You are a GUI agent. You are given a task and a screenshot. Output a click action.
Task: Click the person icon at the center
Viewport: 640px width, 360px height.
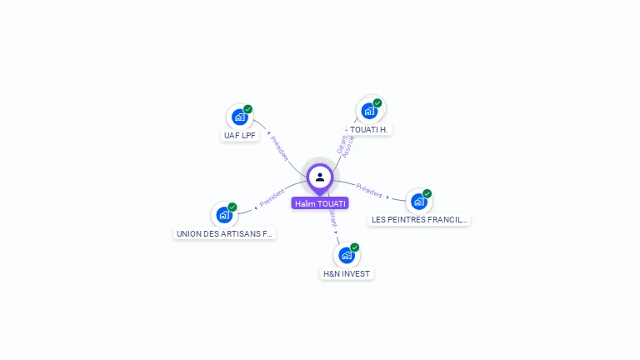pos(320,177)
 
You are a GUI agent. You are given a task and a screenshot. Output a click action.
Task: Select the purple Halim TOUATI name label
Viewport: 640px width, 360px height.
pos(320,203)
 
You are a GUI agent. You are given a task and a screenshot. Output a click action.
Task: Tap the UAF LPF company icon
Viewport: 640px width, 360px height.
pos(240,117)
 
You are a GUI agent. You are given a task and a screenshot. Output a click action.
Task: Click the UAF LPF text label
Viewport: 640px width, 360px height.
pos(241,135)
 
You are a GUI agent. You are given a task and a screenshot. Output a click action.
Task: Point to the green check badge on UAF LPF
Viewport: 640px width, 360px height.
pos(248,109)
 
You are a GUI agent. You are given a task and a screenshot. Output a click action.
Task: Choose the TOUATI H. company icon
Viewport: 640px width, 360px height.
pos(369,111)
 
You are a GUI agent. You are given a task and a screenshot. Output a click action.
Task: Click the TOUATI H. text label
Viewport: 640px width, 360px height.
pos(369,129)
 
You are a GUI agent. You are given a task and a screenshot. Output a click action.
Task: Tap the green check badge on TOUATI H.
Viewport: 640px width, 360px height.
pos(377,103)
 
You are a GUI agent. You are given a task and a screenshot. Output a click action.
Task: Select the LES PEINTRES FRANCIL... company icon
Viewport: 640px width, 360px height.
pos(418,201)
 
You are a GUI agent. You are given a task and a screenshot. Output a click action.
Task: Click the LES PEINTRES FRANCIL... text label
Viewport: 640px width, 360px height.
pos(420,219)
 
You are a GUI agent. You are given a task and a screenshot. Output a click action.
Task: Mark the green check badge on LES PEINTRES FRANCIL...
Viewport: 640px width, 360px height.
pos(427,193)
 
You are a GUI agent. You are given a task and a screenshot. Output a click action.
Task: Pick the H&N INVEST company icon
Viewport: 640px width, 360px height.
pos(346,255)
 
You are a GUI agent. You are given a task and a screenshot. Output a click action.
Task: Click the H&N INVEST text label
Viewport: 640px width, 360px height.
pos(347,273)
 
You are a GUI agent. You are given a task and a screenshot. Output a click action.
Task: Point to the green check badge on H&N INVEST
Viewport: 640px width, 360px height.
pos(355,247)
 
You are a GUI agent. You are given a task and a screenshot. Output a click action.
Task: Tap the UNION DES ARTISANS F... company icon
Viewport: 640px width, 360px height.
pos(223,214)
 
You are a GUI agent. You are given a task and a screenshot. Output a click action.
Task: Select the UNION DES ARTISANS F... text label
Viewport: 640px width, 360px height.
pos(224,233)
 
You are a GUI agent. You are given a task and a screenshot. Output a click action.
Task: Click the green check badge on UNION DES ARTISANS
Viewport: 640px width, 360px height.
pos(232,207)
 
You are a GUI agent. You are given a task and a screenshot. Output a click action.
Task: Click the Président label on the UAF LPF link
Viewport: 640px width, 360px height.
pos(278,148)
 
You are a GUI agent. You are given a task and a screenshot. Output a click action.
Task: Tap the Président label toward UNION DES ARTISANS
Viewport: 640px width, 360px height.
pos(272,198)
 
